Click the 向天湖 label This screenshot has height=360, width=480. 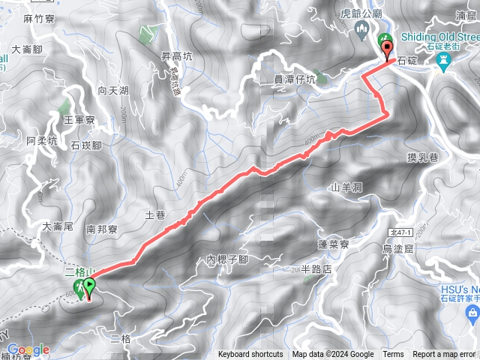[113, 91]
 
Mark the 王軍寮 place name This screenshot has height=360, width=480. [78, 119]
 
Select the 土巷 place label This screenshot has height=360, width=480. [155, 214]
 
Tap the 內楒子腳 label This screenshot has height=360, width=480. [227, 259]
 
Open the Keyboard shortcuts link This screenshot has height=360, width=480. [250, 355]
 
